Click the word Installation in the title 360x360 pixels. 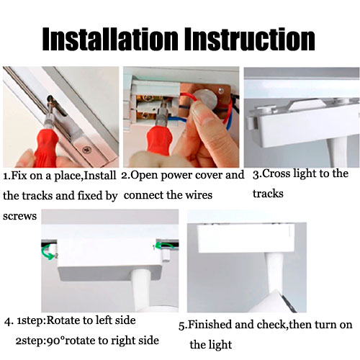(110, 39)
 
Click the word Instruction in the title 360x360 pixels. (250, 39)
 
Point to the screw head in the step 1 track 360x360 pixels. (86, 150)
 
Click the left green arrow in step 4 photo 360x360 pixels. (49, 253)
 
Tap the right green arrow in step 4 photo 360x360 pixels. (164, 246)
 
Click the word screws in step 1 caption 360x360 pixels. (19, 216)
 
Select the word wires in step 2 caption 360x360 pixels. (199, 194)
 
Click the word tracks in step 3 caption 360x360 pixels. (268, 194)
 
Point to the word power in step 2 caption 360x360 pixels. (176, 176)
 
